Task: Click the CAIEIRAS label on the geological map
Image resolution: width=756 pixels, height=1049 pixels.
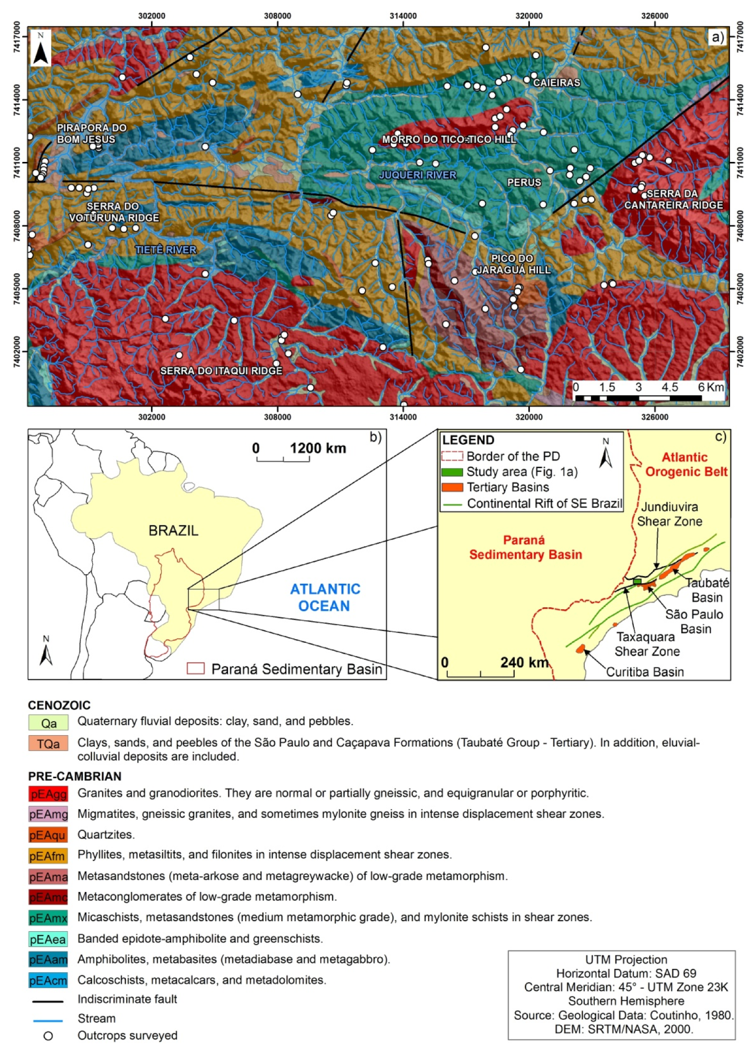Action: [556, 83]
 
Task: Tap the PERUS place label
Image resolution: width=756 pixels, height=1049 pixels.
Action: [524, 183]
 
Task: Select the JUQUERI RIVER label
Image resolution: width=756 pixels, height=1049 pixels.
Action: [417, 175]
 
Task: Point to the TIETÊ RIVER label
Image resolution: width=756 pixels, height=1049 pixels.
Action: [166, 250]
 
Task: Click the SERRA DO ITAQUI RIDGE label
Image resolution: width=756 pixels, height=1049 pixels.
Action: [221, 371]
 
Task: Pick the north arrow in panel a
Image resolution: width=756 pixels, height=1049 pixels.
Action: [41, 48]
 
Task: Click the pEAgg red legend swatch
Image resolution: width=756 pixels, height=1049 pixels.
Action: [48, 793]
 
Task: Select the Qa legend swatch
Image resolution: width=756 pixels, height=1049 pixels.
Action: [48, 723]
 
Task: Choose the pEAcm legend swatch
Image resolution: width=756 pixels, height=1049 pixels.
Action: [48, 980]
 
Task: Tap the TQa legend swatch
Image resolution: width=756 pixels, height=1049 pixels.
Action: [48, 744]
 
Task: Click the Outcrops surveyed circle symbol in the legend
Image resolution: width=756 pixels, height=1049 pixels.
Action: [48, 1036]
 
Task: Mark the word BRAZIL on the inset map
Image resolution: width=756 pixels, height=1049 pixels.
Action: [173, 531]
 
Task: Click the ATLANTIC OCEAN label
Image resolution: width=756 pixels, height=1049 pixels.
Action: [325, 597]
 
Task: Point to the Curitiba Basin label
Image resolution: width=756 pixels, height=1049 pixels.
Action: [645, 672]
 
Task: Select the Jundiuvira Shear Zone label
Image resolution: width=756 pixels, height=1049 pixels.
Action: [669, 514]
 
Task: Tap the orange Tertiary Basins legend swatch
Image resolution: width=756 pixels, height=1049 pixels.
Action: [452, 487]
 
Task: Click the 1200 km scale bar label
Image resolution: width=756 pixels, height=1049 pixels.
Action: [317, 448]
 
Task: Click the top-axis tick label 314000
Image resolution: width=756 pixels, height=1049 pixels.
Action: [403, 16]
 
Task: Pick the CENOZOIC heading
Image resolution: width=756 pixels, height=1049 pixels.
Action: [59, 705]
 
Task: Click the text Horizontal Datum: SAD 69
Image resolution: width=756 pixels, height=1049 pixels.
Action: [626, 974]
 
